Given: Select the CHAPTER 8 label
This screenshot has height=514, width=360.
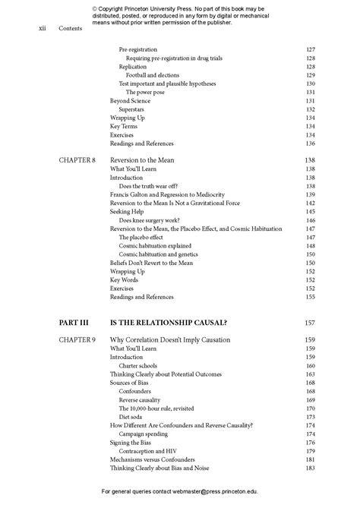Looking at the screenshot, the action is [x=77, y=161].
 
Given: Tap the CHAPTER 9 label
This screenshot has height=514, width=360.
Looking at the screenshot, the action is [x=77, y=339].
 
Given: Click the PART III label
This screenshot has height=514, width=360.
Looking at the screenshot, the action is [x=74, y=322].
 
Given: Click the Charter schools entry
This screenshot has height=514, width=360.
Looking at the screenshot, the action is [x=138, y=366].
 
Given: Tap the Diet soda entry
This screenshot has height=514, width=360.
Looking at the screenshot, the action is [x=134, y=417].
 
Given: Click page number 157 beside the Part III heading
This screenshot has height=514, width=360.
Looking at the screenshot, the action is [x=309, y=322].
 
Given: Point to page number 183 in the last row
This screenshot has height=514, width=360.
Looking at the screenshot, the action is [x=310, y=468].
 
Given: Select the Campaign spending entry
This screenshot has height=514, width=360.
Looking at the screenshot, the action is [x=147, y=434].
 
